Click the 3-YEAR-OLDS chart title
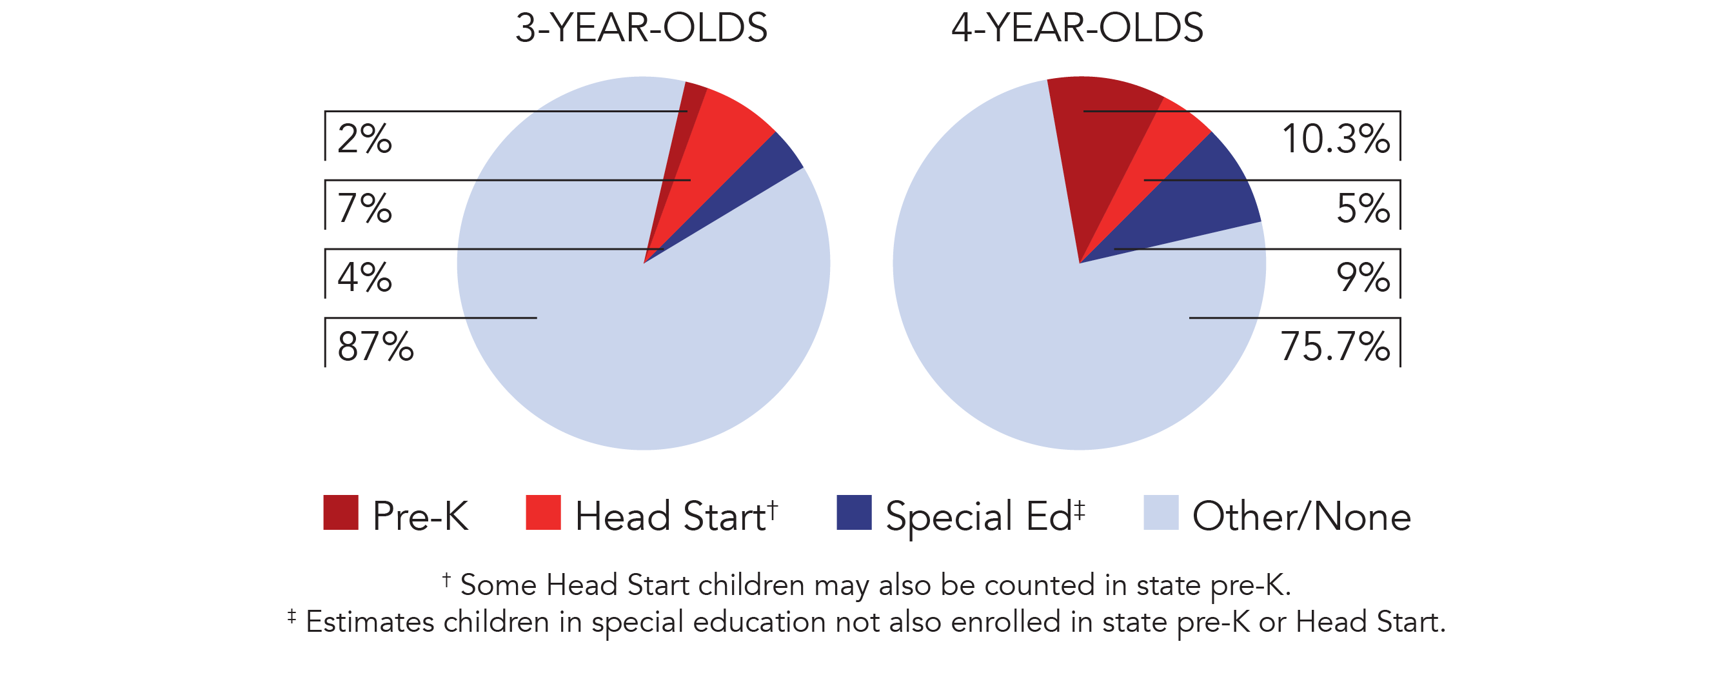point(641,28)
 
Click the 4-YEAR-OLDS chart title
point(1077,28)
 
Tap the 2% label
point(364,139)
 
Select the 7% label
point(364,208)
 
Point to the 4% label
point(364,277)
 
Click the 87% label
point(375,346)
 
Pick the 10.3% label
point(1336,139)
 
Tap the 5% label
point(1363,208)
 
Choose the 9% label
point(1363,277)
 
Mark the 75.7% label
point(1335,346)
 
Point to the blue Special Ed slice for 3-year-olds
point(761,174)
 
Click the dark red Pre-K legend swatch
point(341,512)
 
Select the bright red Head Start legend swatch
point(543,512)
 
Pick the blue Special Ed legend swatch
point(854,512)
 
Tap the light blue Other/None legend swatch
point(1160,512)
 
